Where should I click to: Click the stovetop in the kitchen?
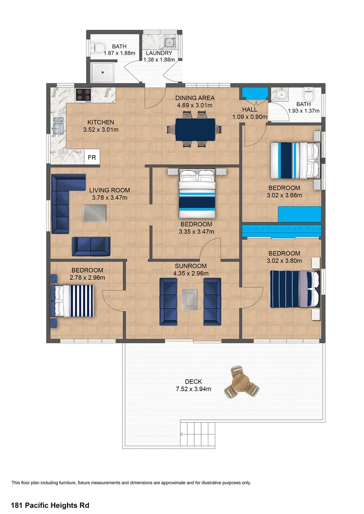tap(83, 95)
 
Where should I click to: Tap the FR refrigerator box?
tap(92, 158)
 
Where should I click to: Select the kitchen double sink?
tap(58, 126)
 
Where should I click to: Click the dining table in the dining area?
tap(195, 129)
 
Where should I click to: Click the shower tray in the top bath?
tap(102, 72)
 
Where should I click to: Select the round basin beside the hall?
tap(281, 95)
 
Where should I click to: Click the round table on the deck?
tap(241, 382)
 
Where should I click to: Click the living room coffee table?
tap(94, 213)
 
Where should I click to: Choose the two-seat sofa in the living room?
tap(91, 246)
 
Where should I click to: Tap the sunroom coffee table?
tap(190, 300)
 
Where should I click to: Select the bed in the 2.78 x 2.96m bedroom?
tap(72, 301)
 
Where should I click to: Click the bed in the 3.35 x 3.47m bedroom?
tap(197, 193)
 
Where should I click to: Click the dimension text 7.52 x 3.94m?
tap(193, 389)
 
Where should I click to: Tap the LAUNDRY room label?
tap(159, 53)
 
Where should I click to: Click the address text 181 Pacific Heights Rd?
tap(50, 505)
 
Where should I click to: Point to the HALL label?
tap(250, 109)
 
